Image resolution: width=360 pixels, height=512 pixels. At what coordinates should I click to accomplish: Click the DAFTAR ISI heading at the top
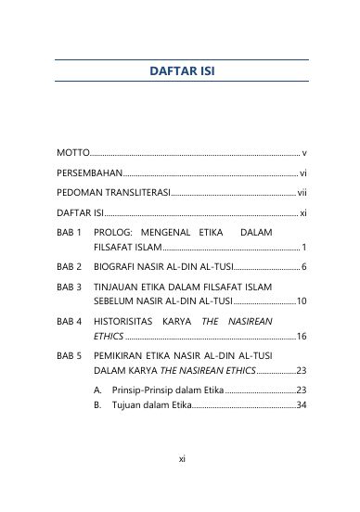pos(182,71)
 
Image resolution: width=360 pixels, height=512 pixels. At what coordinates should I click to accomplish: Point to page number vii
pos(302,193)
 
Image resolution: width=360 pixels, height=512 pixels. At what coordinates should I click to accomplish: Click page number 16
pos(302,336)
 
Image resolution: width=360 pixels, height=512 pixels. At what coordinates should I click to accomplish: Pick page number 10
pos(302,301)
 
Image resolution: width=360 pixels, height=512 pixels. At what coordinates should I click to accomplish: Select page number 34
pos(302,404)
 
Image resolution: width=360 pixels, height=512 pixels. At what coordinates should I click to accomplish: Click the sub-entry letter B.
pos(98,404)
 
